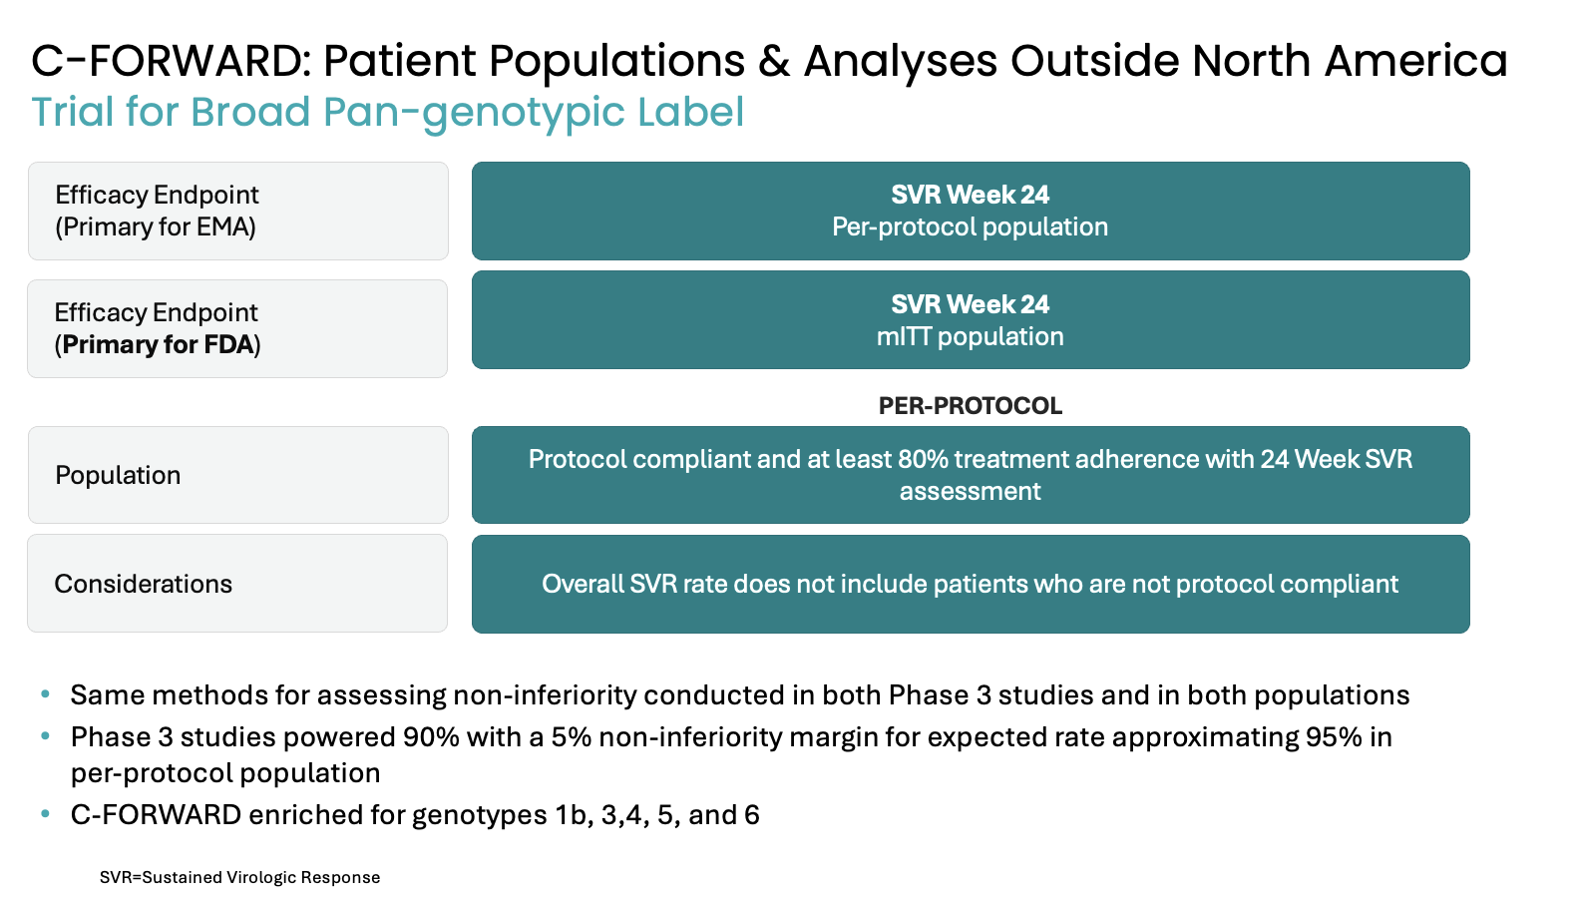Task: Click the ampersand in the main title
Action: (774, 61)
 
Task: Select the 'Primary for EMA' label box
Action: (238, 211)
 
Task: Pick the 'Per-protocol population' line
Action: (970, 227)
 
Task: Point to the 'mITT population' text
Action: (970, 337)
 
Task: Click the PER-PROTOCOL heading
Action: (971, 406)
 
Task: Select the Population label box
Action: (238, 475)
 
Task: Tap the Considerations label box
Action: (237, 583)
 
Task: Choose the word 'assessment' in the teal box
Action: (970, 492)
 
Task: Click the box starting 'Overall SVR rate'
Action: (971, 584)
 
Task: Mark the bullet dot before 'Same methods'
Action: (46, 694)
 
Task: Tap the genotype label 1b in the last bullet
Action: (570, 815)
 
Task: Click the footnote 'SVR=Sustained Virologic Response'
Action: (239, 877)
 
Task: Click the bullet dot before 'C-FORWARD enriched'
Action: (46, 814)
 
